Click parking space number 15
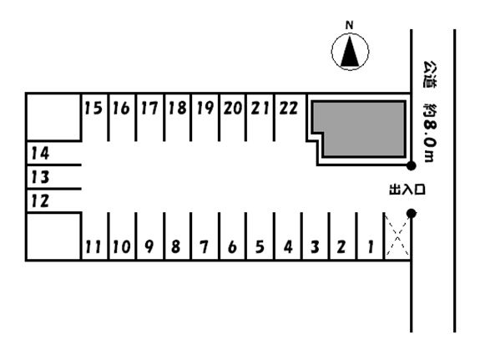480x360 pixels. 94,117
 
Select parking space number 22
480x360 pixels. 291,117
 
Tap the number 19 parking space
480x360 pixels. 205,117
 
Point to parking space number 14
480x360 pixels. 54,153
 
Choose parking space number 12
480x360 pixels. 54,200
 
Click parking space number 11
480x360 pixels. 94,236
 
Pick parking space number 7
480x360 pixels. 205,236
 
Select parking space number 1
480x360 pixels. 371,236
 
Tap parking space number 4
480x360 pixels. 288,236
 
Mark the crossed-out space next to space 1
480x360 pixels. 397,236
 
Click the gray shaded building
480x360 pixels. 359,129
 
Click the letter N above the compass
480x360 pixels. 349,25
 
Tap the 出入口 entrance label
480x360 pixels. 407,190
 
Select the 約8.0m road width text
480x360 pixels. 430,132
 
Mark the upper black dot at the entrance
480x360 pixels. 411,165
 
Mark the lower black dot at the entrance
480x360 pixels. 411,213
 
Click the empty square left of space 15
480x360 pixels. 54,117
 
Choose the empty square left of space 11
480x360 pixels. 54,236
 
